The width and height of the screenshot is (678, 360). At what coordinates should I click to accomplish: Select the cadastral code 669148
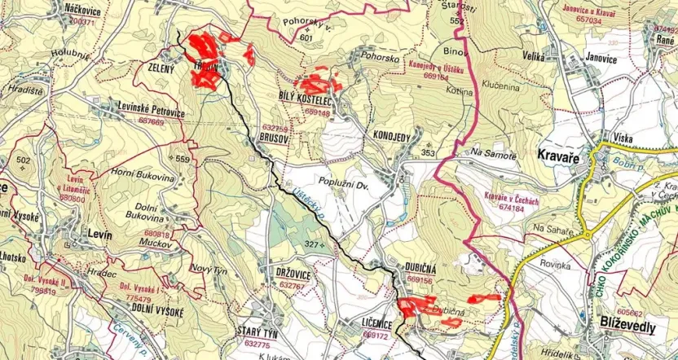click(316, 114)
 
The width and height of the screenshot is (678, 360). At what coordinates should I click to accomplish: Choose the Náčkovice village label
click(82, 10)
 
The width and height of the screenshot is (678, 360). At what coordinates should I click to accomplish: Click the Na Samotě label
click(495, 154)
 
